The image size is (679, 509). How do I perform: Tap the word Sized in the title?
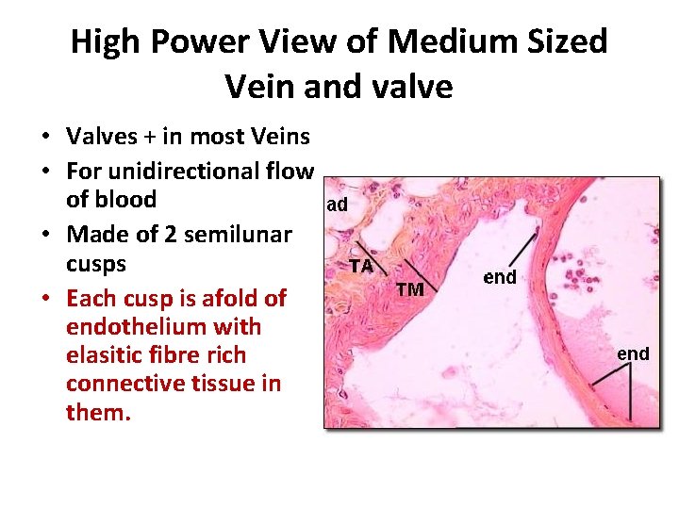click(567, 42)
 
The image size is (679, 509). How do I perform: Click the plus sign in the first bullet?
click(148, 138)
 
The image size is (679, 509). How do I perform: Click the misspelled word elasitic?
click(106, 355)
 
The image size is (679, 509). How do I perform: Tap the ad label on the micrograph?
click(338, 205)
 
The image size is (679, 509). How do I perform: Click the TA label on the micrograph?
click(361, 266)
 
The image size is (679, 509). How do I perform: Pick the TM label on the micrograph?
click(409, 289)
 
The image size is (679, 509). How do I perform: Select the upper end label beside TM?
click(500, 277)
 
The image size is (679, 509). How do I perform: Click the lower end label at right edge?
click(633, 353)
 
